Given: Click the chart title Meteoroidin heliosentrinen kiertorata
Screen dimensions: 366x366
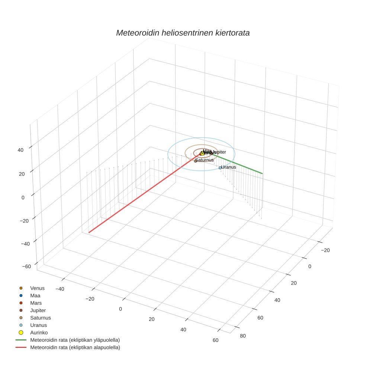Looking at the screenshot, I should coord(183,33).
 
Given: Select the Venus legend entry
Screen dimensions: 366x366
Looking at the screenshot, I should coord(37,288).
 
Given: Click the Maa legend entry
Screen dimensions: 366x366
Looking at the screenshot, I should coord(35,295).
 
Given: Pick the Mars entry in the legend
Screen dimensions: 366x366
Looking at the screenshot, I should coord(36,303).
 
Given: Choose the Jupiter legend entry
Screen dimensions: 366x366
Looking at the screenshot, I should coord(38,310).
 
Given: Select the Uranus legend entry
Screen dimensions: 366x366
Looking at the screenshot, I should coord(38,325).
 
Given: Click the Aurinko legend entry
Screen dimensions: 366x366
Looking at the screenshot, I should coord(39,333).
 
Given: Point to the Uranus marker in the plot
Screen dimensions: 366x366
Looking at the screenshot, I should coord(220,168).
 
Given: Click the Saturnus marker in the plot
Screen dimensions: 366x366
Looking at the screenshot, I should coord(195,161).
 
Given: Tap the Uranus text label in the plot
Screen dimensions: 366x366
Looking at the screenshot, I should coord(229,167).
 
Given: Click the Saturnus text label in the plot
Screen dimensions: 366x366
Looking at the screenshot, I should coord(205,160).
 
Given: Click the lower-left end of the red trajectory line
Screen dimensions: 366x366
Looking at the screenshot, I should coord(89,232).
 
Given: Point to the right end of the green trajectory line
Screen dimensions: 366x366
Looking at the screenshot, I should coord(262,173).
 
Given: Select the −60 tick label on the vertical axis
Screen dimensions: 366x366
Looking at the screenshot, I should coord(26,266).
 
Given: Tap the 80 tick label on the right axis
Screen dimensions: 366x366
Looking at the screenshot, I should coord(243,336).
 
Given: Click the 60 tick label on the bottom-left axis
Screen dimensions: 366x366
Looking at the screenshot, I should coord(215,340).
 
